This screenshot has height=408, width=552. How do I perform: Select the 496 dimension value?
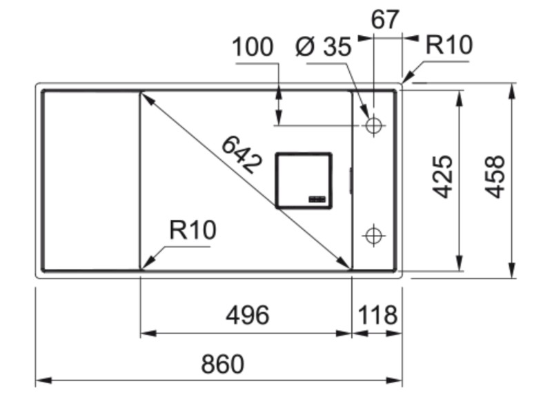[x=247, y=315]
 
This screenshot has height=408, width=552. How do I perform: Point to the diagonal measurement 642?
[x=241, y=154]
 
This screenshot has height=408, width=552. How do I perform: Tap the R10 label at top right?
[x=448, y=45]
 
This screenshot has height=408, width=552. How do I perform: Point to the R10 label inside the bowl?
[x=193, y=230]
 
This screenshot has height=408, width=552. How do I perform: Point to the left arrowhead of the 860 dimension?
[x=40, y=380]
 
